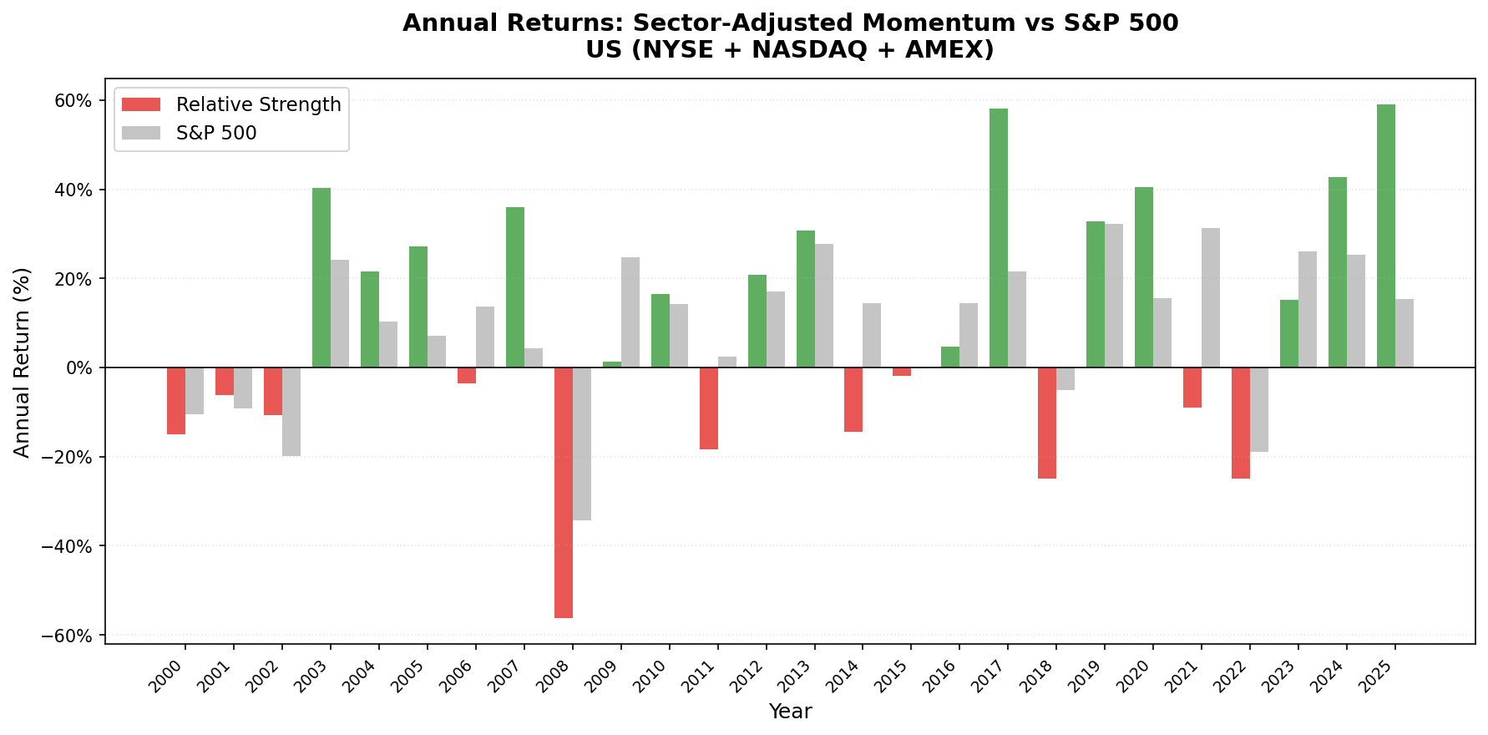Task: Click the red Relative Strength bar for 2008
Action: [x=564, y=493]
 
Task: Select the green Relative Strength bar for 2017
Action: [x=999, y=238]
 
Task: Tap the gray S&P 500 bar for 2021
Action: [x=1211, y=297]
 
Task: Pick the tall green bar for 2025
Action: [x=1386, y=236]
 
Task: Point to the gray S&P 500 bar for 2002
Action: [x=291, y=412]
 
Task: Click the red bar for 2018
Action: [x=1047, y=423]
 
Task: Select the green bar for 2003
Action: [x=321, y=277]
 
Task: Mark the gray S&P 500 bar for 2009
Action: [x=630, y=312]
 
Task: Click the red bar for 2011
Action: [x=709, y=408]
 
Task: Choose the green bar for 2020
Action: [x=1144, y=277]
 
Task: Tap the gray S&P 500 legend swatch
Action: [x=140, y=134]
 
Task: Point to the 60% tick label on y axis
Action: [x=73, y=100]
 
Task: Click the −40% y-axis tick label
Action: [x=68, y=546]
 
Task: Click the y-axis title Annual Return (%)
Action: [x=23, y=362]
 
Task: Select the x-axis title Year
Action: [x=790, y=712]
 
